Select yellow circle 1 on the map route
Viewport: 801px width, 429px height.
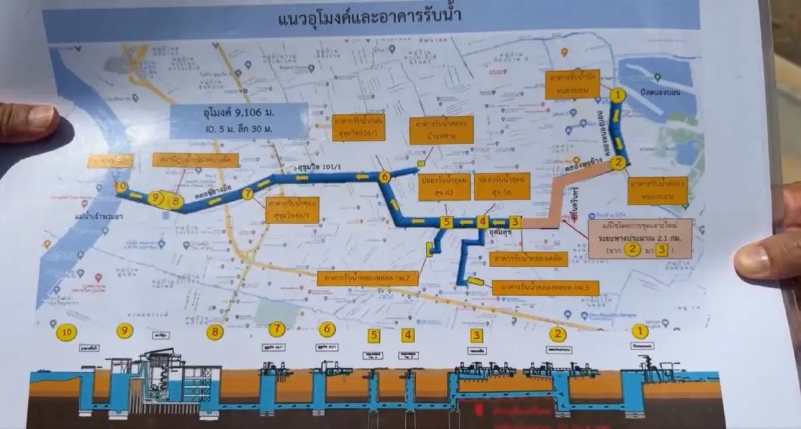tap(619, 95)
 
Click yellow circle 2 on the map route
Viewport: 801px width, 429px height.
tap(619, 161)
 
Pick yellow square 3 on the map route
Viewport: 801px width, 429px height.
tap(514, 222)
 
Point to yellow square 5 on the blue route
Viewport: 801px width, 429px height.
tap(447, 222)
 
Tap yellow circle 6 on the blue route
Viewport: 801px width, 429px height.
tap(384, 177)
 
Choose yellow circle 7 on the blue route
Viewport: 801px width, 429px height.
tap(248, 194)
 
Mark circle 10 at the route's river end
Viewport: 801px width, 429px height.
tap(121, 187)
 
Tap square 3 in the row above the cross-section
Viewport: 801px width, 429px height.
tap(476, 336)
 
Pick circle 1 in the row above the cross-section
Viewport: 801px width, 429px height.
tap(639, 331)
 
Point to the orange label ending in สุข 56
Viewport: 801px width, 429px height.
tap(501, 187)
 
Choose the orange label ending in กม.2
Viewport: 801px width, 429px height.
tap(368, 276)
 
